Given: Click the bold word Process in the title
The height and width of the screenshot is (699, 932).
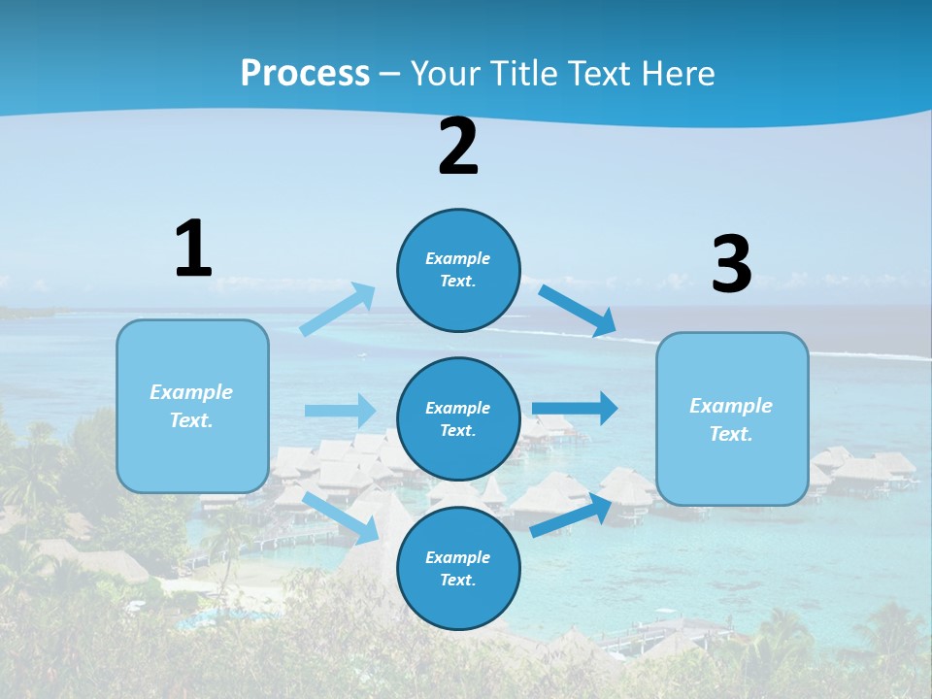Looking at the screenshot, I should (x=305, y=73).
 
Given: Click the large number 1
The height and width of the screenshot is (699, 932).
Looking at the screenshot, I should (x=193, y=249).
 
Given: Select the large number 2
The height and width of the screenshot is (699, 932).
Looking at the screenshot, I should (x=458, y=147).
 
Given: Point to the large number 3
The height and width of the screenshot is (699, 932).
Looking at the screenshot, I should (x=731, y=264).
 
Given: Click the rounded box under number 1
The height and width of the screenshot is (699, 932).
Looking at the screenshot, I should (x=192, y=406).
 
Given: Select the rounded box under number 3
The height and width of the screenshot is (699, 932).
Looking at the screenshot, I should (x=732, y=419).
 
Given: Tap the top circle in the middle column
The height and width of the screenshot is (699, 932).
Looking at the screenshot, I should (x=458, y=270).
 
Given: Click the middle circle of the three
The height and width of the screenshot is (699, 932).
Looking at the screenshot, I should (x=458, y=418).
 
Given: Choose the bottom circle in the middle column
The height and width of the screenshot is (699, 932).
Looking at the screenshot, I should (x=458, y=568).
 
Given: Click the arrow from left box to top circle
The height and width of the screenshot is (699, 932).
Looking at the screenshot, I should (x=338, y=310).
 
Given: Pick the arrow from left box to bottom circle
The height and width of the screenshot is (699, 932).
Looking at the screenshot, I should (x=341, y=517).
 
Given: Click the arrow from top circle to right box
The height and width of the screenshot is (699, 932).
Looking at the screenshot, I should (x=578, y=311).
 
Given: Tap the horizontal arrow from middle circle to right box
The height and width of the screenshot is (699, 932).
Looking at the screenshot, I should (x=575, y=408).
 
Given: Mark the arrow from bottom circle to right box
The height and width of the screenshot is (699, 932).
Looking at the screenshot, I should (x=571, y=516).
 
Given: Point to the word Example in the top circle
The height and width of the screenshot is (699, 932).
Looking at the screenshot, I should (x=457, y=258).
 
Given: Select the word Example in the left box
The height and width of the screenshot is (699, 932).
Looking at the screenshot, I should (x=191, y=392).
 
